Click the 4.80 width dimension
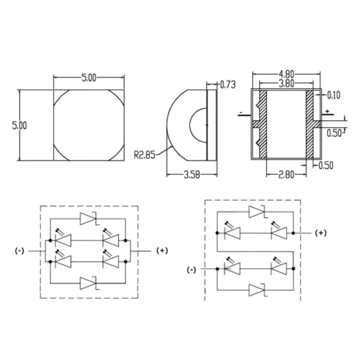pyautogui.click(x=286, y=74)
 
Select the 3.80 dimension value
pyautogui.click(x=286, y=83)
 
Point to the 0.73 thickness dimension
pyautogui.click(x=228, y=85)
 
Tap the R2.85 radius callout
pyautogui.click(x=144, y=155)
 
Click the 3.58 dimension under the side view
pyautogui.click(x=192, y=175)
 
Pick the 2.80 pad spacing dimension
pyautogui.click(x=286, y=175)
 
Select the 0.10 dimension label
pyautogui.click(x=333, y=95)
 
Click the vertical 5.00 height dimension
pyautogui.click(x=19, y=126)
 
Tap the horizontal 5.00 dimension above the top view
pyautogui.click(x=89, y=78)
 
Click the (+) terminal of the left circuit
pyautogui.click(x=162, y=251)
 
